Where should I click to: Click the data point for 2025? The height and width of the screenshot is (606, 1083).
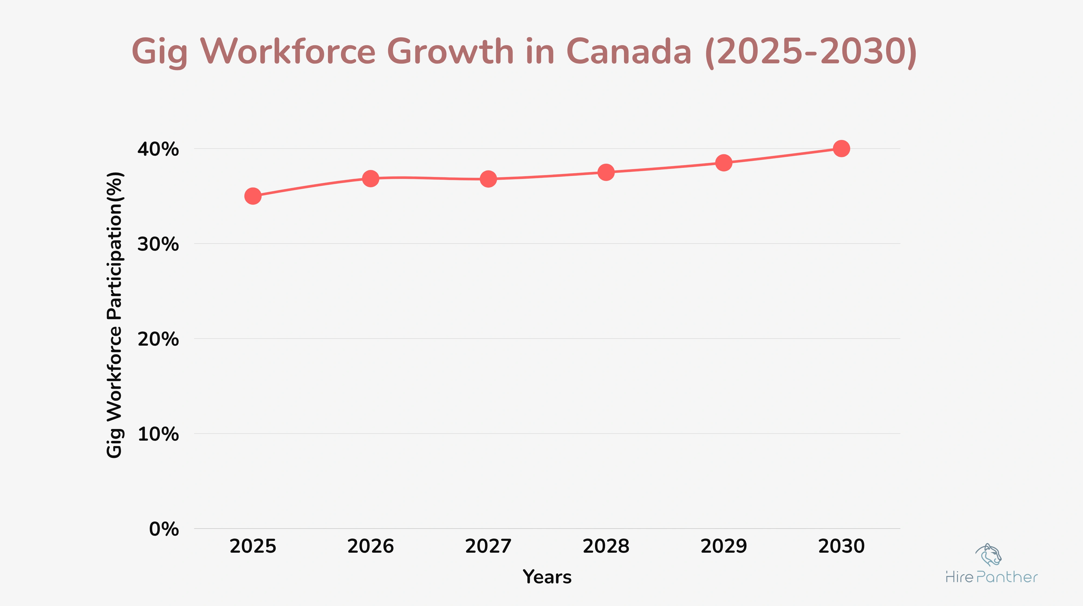253,196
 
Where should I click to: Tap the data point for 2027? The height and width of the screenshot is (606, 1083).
488,179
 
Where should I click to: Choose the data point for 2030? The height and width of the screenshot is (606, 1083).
841,148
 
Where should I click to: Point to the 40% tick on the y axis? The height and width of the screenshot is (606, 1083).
158,149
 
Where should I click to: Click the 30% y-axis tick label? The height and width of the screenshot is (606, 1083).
158,244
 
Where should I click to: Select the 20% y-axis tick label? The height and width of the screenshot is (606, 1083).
158,339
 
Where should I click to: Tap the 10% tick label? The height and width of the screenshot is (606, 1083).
158,434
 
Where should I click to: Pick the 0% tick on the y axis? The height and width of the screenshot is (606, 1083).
164,529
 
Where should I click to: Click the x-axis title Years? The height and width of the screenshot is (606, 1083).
547,577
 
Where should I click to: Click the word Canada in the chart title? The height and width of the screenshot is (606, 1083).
629,52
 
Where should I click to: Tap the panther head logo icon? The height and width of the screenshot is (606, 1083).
989,555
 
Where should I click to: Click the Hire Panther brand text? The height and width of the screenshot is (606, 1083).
991,577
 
